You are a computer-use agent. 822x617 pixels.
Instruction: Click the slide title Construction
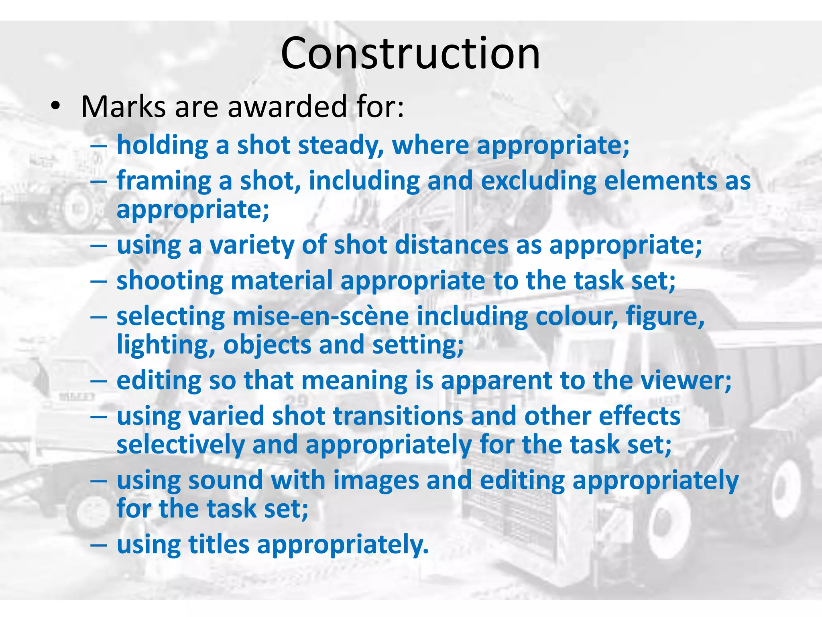click(x=410, y=53)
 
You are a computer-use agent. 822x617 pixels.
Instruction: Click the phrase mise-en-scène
click(x=321, y=317)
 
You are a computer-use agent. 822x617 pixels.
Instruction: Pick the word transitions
click(x=398, y=416)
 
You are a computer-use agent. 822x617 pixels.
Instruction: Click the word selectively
click(x=181, y=445)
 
